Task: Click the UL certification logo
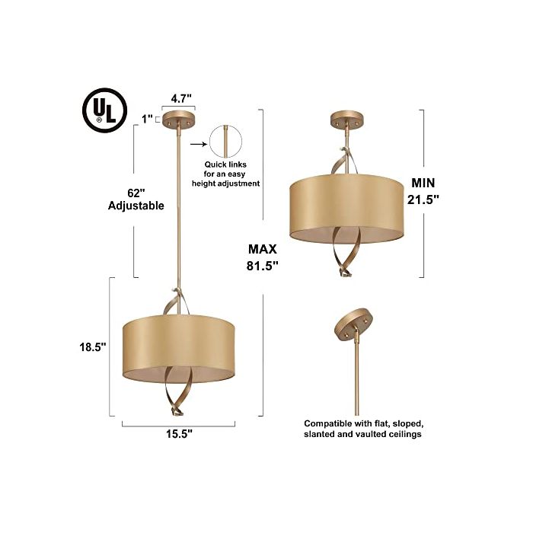(x=105, y=110)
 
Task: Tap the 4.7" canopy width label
(x=181, y=98)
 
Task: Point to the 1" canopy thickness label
(x=147, y=119)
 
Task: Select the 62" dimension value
(x=136, y=193)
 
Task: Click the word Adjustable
(x=136, y=206)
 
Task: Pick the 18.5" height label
(x=93, y=347)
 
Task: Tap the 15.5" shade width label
(x=179, y=434)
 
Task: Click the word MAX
(x=263, y=249)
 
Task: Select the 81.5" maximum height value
(x=263, y=266)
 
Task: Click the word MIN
(x=423, y=183)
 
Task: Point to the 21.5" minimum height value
(x=423, y=199)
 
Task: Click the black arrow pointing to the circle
(x=199, y=144)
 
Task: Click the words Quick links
(x=225, y=164)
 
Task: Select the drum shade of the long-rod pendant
(x=178, y=349)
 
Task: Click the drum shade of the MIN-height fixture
(x=346, y=209)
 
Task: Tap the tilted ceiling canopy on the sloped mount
(x=353, y=324)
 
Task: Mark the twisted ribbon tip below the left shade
(x=178, y=413)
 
